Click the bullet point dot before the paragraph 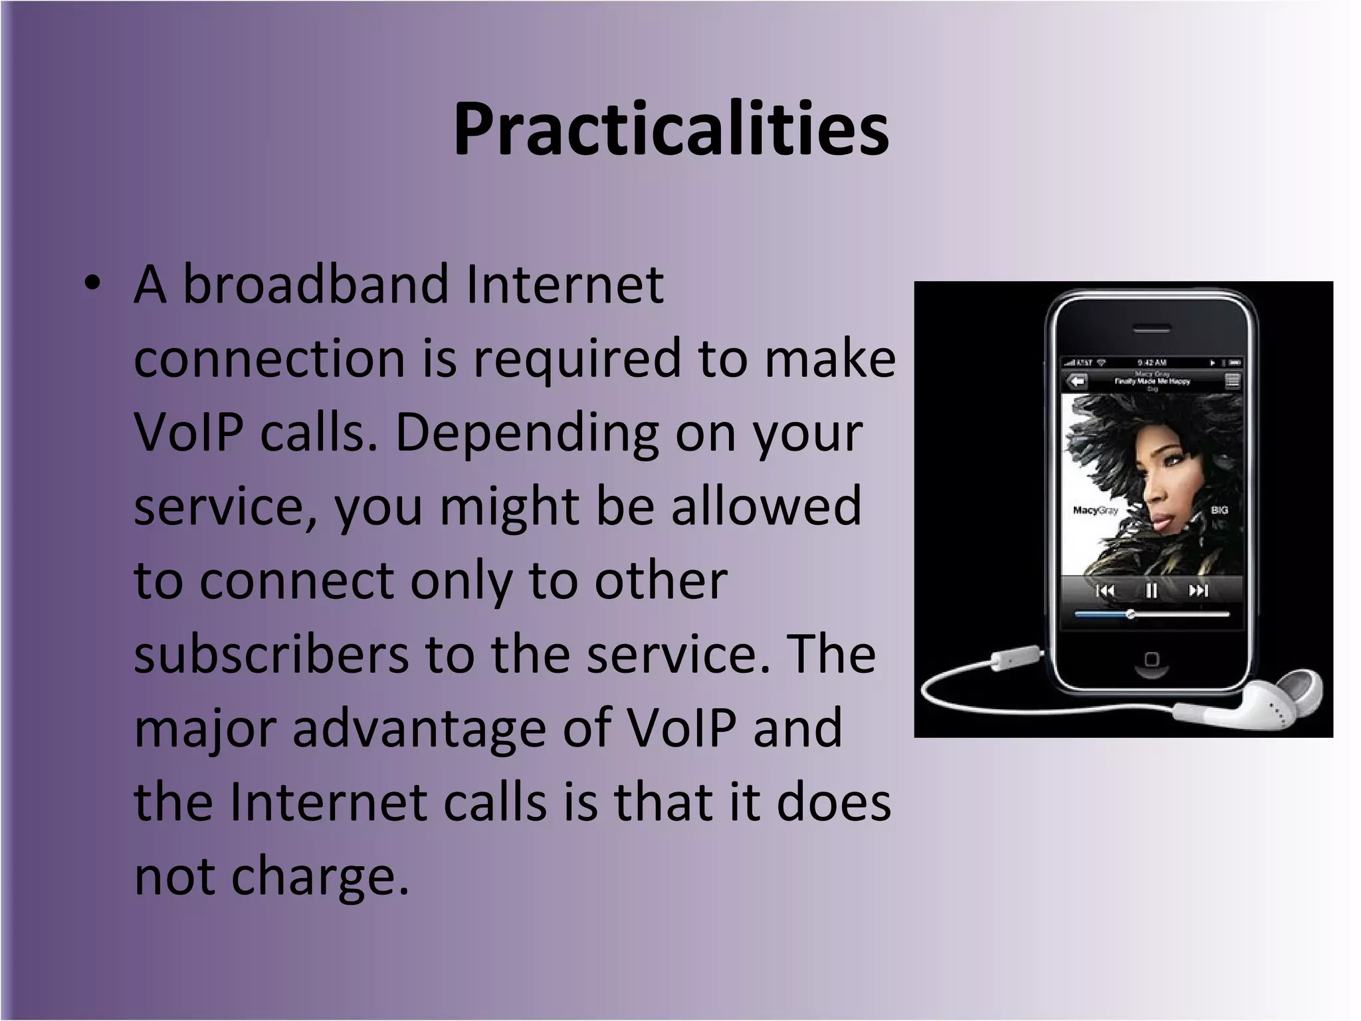tap(93, 284)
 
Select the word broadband tap(316, 284)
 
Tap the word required tap(577, 359)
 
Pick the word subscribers tap(271, 654)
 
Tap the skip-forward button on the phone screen tap(1198, 590)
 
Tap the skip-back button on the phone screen tap(1105, 591)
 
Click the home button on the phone tap(1152, 659)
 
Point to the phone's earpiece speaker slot tap(1152, 329)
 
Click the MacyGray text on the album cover tap(1095, 510)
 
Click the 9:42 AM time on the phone tap(1152, 363)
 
